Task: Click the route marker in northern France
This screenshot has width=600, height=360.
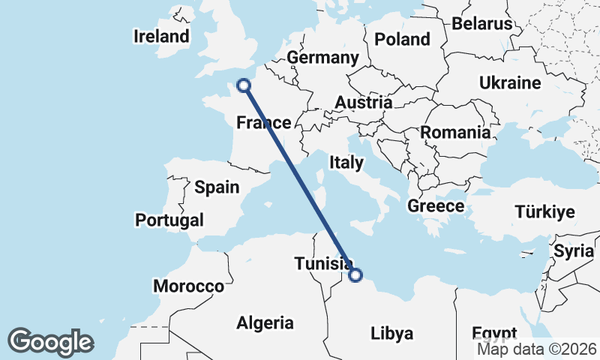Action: pos(243,85)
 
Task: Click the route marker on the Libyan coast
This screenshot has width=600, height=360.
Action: pos(355,275)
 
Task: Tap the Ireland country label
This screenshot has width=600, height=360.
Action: pos(161,36)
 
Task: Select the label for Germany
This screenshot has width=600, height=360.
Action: pos(322,58)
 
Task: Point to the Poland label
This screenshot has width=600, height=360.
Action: pos(403,39)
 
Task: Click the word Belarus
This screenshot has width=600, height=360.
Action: pos(481,23)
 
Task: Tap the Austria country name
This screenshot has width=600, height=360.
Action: pos(364,103)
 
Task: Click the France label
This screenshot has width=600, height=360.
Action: pos(263,123)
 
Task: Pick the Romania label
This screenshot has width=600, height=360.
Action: pos(455,133)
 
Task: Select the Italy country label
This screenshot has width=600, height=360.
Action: pos(346,162)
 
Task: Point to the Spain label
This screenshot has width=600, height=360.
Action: pos(216,187)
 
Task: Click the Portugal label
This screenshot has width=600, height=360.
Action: pos(169,220)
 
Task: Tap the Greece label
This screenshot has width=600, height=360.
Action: pos(436,205)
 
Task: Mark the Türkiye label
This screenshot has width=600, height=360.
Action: pos(544,212)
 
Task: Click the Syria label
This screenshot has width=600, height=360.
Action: pos(574,251)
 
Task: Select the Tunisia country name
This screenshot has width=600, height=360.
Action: pos(323,263)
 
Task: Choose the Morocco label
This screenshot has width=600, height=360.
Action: pos(188,286)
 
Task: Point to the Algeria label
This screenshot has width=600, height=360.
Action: pos(265,323)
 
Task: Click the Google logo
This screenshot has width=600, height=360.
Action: pos(50,341)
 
